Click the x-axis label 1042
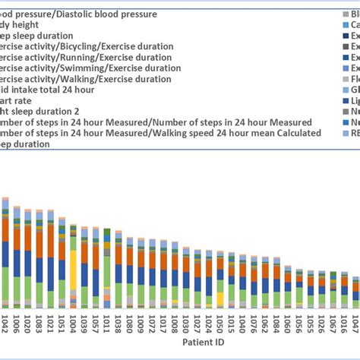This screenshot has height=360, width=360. (x=5, y=322)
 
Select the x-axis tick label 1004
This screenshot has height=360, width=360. (x=73, y=322)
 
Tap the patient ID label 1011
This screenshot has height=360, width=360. (x=107, y=322)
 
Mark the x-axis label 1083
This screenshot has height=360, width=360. (x=39, y=322)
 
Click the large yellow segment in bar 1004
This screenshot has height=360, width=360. (x=73, y=277)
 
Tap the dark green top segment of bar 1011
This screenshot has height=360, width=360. (x=107, y=232)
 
